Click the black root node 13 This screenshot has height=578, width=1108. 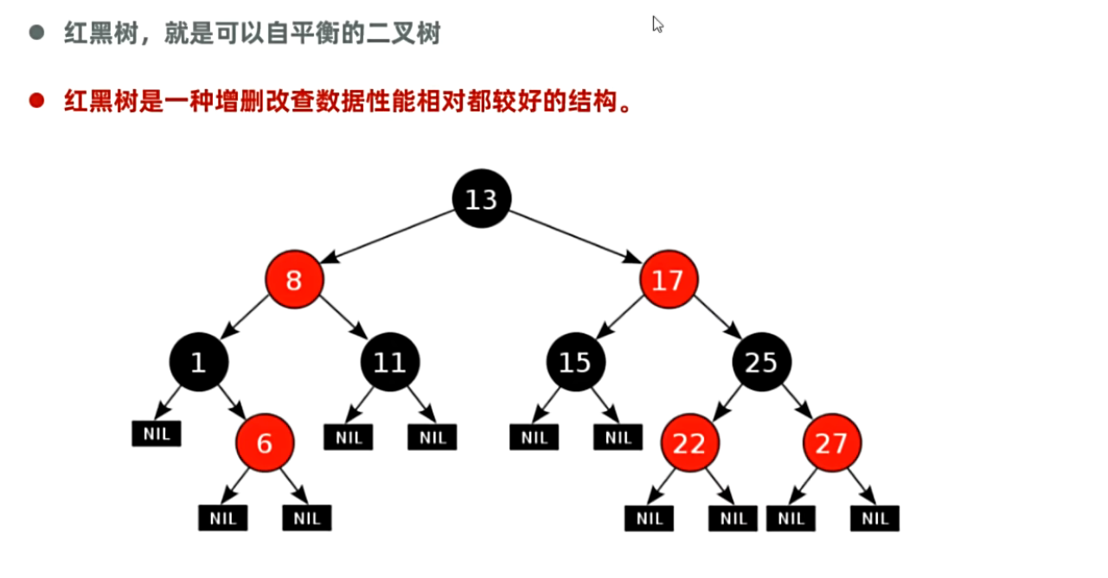[482, 199]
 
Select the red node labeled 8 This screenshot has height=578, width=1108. [294, 280]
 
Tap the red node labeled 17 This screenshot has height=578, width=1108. [669, 280]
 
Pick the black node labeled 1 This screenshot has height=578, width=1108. [199, 362]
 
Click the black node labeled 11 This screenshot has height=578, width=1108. [389, 362]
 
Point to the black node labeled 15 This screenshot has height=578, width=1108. [575, 362]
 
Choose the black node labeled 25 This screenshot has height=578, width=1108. [762, 362]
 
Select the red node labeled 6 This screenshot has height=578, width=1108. [265, 443]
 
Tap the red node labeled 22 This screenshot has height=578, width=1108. [689, 443]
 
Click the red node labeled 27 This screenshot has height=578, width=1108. [831, 443]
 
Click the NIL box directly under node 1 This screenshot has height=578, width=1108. [157, 434]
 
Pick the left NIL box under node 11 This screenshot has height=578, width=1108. [348, 437]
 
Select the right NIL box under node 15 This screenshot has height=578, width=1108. [618, 437]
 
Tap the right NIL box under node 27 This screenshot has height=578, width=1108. [874, 518]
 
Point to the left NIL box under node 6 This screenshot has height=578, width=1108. [222, 518]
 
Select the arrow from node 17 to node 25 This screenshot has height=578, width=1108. [717, 318]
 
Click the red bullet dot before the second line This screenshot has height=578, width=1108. [36, 101]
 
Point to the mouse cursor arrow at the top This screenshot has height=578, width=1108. [657, 23]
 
